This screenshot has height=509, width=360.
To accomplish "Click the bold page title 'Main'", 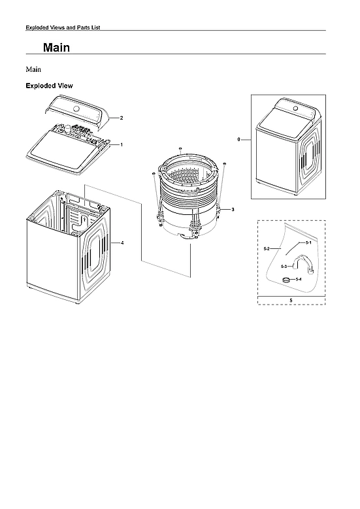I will tap(56, 48).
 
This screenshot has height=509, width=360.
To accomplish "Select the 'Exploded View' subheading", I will tap(49, 86).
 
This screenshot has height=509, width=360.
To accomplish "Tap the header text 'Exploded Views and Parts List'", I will tap(61, 27).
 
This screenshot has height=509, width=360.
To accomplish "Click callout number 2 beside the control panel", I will tap(121, 118).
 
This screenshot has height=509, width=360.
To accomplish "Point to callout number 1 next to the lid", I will tap(121, 144).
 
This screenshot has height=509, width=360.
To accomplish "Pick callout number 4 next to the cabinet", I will tap(122, 243).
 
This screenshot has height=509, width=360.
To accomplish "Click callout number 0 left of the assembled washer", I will tap(239, 140).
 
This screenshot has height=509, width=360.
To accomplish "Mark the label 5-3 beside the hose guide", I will tap(284, 267).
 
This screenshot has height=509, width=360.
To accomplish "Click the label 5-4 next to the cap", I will tap(299, 280).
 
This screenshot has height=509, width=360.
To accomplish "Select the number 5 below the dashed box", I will tap(291, 301).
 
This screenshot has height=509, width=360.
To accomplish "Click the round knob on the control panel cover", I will tap(76, 108).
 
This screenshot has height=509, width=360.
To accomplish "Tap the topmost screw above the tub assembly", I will tap(180, 150).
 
